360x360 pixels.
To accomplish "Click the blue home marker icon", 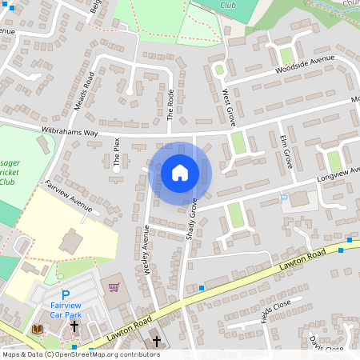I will click(180, 172).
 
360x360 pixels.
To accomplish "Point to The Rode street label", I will click(170, 104).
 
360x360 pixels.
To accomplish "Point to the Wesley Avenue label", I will click(146, 250).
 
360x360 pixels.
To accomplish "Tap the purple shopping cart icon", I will click(114, 286).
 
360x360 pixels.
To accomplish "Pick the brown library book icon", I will click(37, 329).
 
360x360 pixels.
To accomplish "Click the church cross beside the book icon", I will click(74, 327).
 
